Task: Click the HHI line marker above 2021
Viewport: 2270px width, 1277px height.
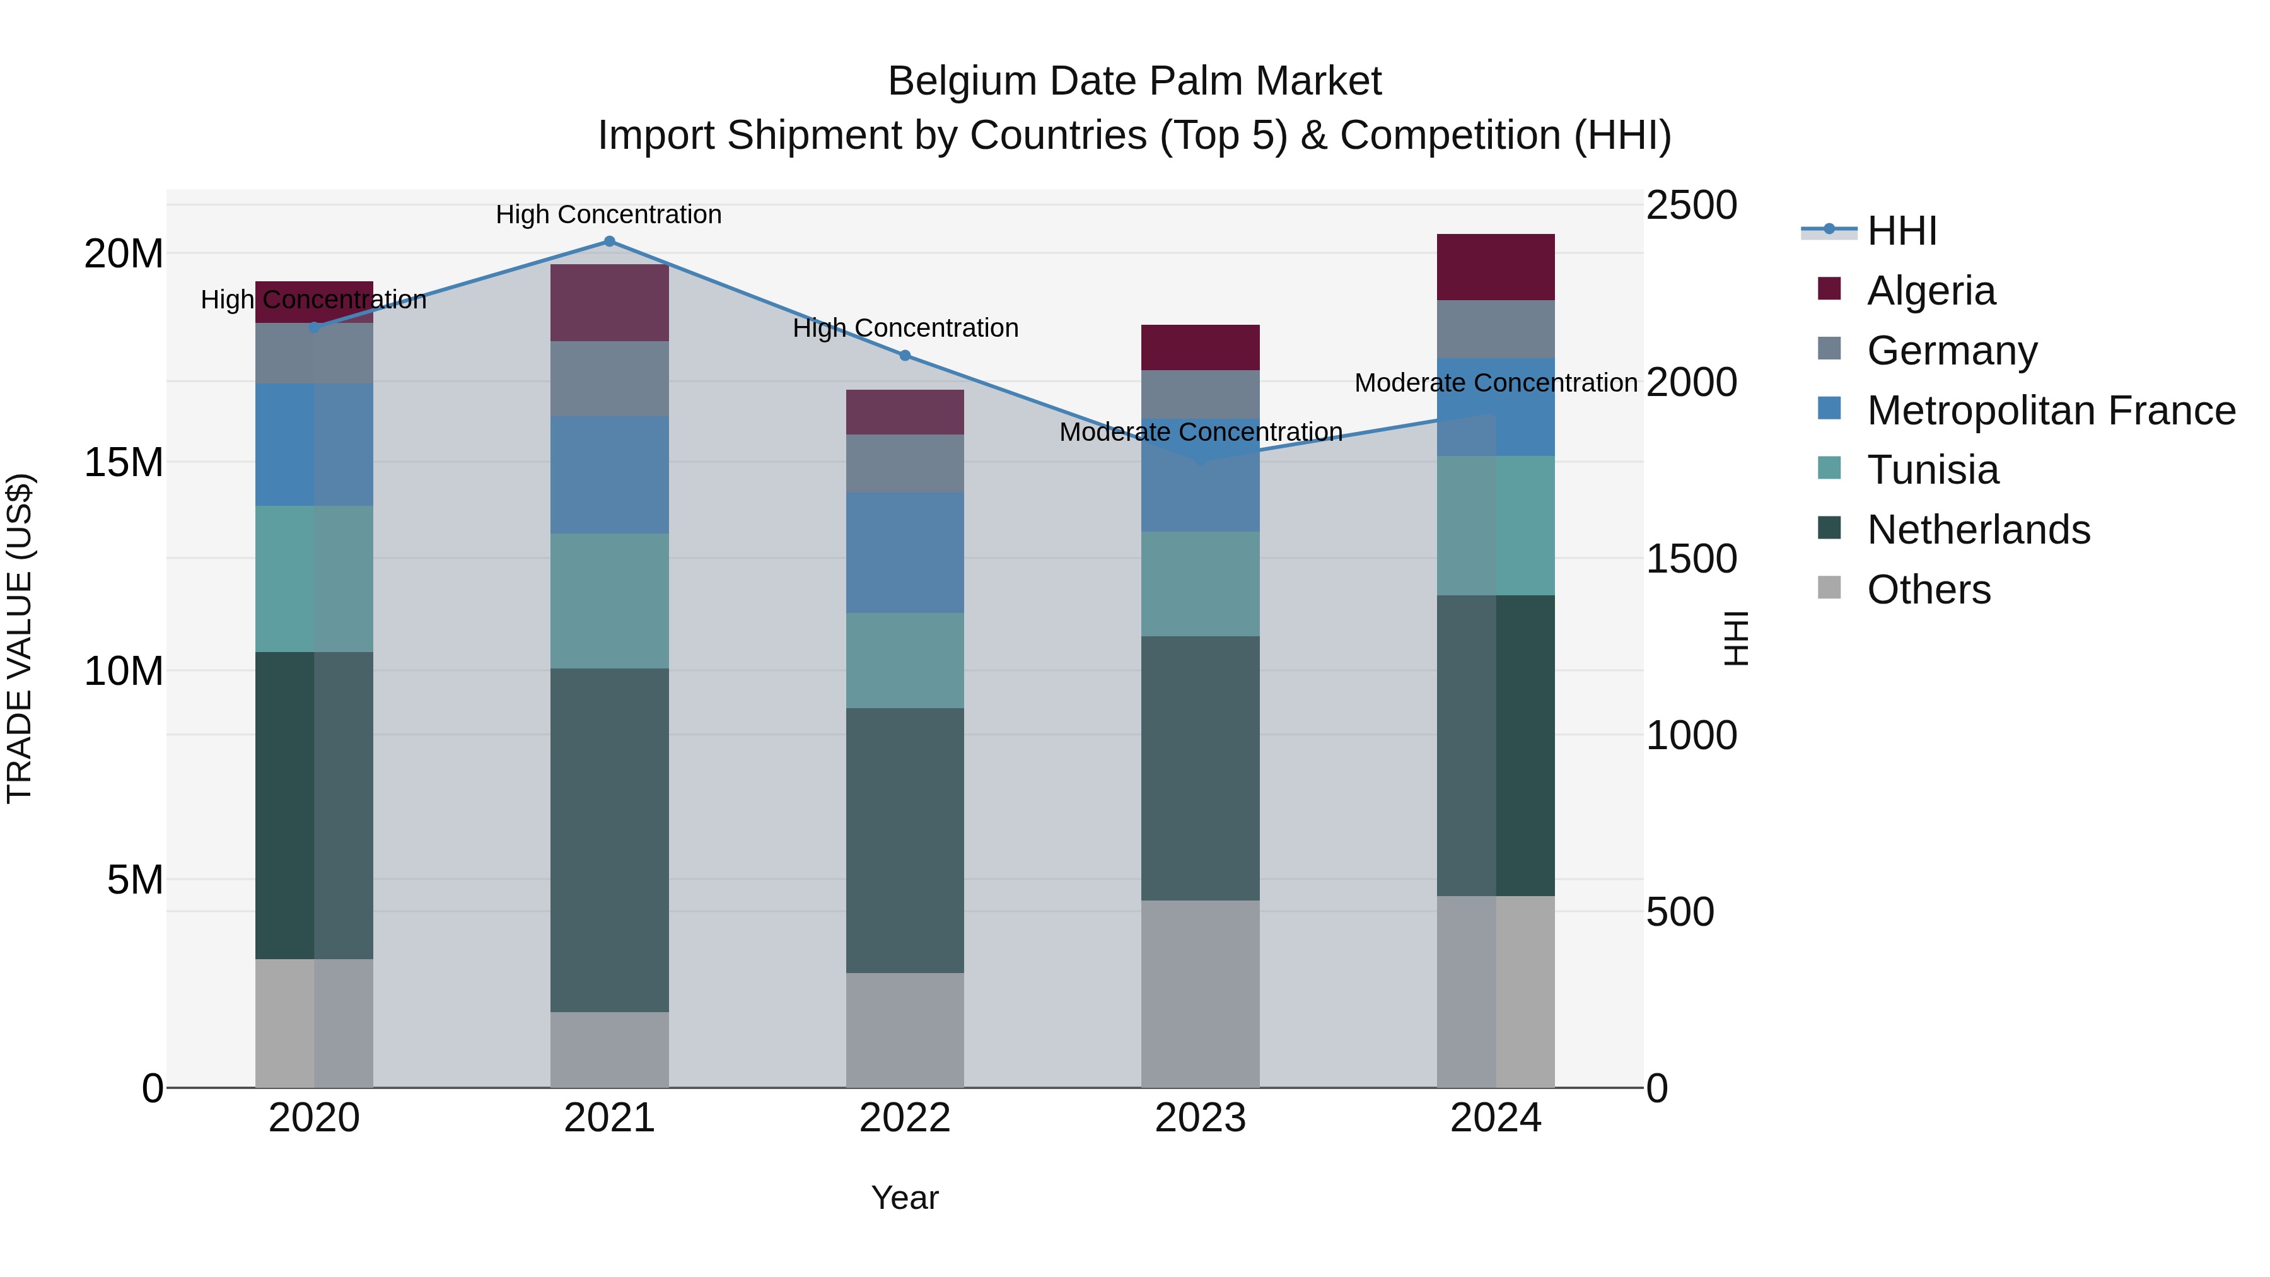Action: pyautogui.click(x=609, y=242)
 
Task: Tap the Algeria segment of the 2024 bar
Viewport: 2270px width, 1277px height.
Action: pyautogui.click(x=1496, y=267)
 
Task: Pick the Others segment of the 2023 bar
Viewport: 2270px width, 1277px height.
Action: pyautogui.click(x=1199, y=993)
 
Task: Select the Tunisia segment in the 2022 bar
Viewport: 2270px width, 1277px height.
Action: pyautogui.click(x=904, y=660)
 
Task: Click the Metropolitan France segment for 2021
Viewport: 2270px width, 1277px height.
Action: pyautogui.click(x=609, y=474)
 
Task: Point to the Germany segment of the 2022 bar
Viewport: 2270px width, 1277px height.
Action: pyautogui.click(x=904, y=463)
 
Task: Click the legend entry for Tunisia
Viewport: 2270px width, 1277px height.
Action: pyautogui.click(x=1933, y=470)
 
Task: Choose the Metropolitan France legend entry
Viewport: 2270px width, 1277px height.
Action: pyautogui.click(x=2051, y=411)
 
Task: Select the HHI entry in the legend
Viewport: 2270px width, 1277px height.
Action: pyautogui.click(x=1902, y=231)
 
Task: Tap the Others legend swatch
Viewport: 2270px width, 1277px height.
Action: pyautogui.click(x=1829, y=588)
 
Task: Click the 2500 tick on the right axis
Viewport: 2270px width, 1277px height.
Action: pyautogui.click(x=1691, y=206)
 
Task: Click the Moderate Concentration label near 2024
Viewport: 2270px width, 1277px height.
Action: pyautogui.click(x=1496, y=383)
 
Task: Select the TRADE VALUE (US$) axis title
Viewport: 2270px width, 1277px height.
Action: pyautogui.click(x=20, y=638)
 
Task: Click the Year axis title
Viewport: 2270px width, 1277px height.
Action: pyautogui.click(x=904, y=1198)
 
